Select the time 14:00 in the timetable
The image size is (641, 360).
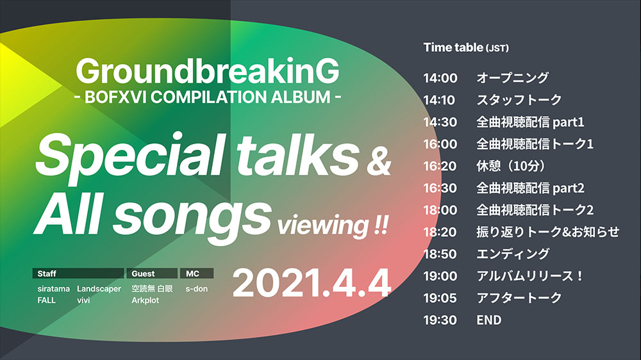440,78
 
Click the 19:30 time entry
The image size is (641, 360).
440,320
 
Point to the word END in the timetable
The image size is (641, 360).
489,320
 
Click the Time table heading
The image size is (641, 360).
466,48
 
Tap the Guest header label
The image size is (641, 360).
142,274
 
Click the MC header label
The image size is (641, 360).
192,274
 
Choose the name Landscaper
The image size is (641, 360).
99,289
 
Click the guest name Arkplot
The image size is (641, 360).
146,300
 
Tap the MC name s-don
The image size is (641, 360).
197,289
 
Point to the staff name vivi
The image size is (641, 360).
84,300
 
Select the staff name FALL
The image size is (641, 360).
47,300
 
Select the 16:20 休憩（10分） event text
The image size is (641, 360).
511,166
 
